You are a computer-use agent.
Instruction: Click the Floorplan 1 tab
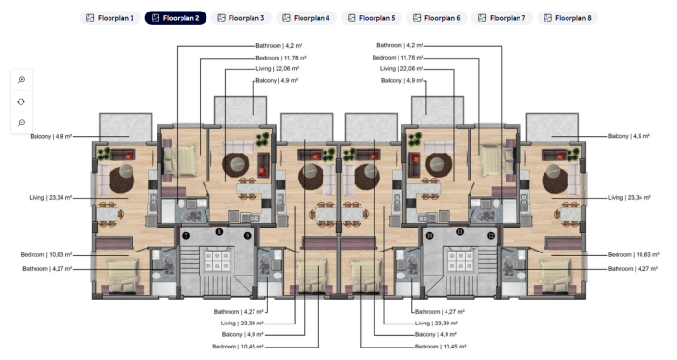pyautogui.click(x=109, y=18)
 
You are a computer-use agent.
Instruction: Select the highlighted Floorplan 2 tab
pyautogui.click(x=175, y=18)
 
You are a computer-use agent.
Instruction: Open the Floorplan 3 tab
pyautogui.click(x=240, y=18)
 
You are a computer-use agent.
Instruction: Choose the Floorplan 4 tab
pyautogui.click(x=305, y=18)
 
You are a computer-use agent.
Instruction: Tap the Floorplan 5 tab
pyautogui.click(x=371, y=18)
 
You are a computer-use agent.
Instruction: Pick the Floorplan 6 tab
pyautogui.click(x=436, y=18)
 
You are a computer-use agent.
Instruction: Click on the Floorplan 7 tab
pyautogui.click(x=501, y=18)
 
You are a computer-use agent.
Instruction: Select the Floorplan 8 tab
pyautogui.click(x=568, y=18)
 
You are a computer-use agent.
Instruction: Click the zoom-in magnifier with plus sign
pyautogui.click(x=21, y=80)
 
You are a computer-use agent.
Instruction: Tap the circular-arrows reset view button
pyautogui.click(x=21, y=101)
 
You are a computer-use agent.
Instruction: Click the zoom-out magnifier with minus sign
pyautogui.click(x=21, y=122)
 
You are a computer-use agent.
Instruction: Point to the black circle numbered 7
pyautogui.click(x=186, y=235)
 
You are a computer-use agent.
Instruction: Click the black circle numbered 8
pyautogui.click(x=219, y=231)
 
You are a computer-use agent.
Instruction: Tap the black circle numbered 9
pyautogui.click(x=247, y=235)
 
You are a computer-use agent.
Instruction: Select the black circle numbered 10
pyautogui.click(x=430, y=235)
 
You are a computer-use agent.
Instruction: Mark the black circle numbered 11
pyautogui.click(x=460, y=231)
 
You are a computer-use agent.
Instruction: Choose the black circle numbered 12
pyautogui.click(x=491, y=235)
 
